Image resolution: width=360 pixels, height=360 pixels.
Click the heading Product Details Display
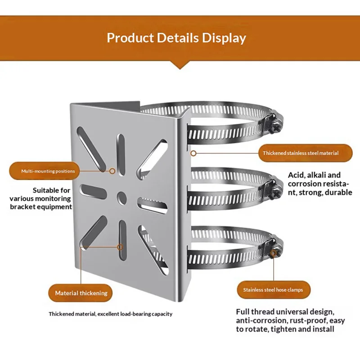point(176,37)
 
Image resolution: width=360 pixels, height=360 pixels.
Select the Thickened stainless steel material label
point(301,153)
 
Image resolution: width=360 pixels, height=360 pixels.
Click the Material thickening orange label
point(81,293)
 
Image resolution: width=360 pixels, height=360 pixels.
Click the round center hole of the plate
point(121,197)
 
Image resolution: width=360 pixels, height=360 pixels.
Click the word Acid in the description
point(296,175)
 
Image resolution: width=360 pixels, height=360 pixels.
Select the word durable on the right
point(338,193)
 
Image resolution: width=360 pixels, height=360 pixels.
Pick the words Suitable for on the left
point(51,190)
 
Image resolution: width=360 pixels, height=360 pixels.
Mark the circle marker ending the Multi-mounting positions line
point(113,171)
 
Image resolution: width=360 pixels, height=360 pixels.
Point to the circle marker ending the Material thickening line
point(120,247)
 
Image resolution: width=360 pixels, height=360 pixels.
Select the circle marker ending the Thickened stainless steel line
point(193,153)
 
